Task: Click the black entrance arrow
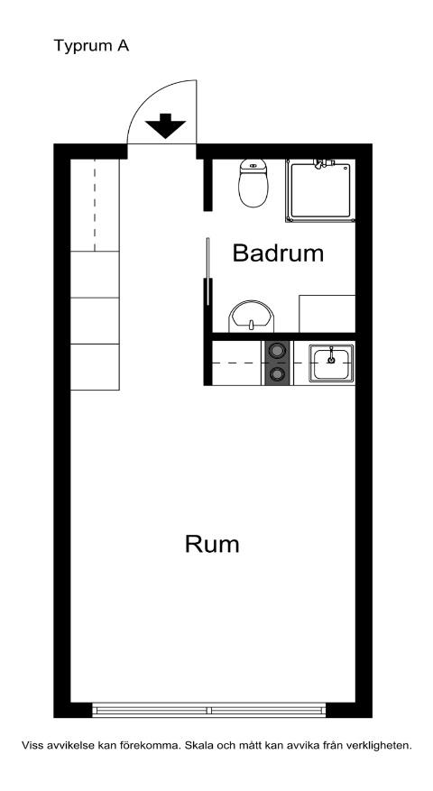point(164,125)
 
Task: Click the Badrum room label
point(278,253)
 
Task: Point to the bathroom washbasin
point(252,317)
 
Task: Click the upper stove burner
point(277,352)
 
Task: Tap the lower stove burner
point(277,374)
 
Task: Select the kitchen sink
point(332,363)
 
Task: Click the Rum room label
point(212,544)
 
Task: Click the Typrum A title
point(91,45)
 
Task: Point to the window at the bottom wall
point(209,711)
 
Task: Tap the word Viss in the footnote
point(32,746)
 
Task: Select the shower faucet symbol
point(323,163)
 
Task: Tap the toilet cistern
point(253,164)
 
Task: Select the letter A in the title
point(123,45)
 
